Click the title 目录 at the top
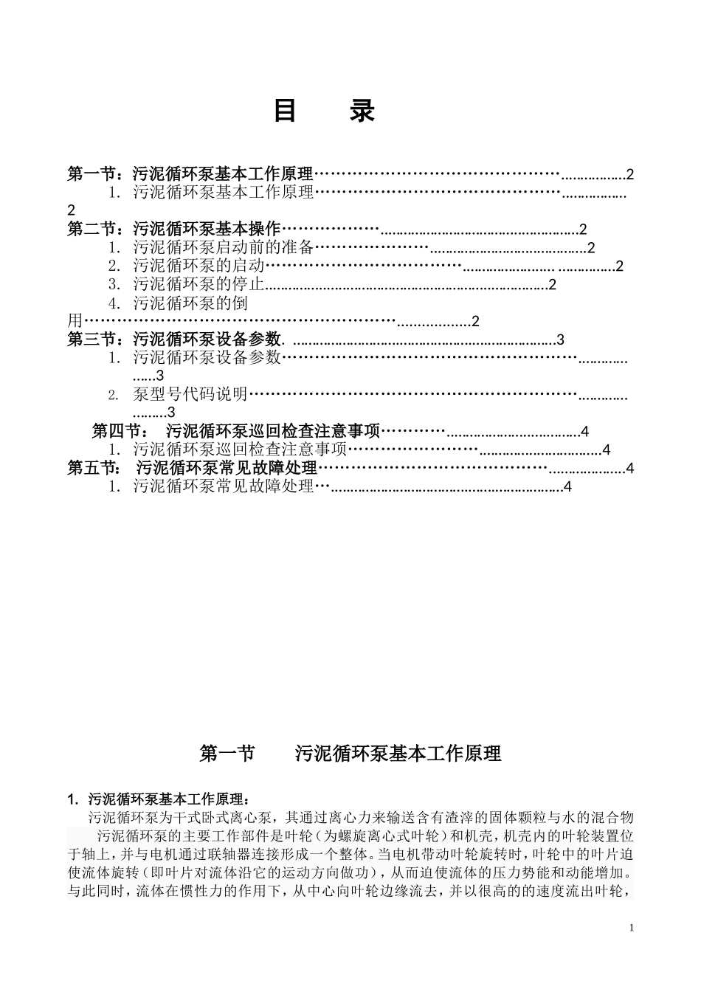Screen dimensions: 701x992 tap(324, 111)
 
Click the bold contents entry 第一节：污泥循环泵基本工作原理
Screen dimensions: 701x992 tap(190, 174)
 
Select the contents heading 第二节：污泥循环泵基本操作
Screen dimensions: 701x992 tap(174, 229)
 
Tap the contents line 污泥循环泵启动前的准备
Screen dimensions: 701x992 tap(224, 247)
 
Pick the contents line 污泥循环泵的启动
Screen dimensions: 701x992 tap(198, 266)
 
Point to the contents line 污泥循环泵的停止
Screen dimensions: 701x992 tap(198, 284)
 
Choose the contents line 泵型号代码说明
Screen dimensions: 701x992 tap(190, 394)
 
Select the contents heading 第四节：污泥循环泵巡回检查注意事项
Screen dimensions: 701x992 tap(235, 431)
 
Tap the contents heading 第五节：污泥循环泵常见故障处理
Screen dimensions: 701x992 tap(192, 468)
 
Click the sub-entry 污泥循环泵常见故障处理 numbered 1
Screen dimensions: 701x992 tap(224, 486)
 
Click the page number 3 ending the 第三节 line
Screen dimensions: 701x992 tap(560, 340)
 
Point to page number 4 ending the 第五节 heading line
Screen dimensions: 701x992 tap(629, 468)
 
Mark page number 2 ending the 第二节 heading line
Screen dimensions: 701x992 tap(583, 229)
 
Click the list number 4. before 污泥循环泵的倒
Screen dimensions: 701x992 tap(114, 303)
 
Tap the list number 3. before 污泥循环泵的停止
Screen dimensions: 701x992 tap(114, 284)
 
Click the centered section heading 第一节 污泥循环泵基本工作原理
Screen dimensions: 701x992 tap(350, 754)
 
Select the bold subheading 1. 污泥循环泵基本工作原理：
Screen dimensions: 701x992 tap(159, 799)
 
